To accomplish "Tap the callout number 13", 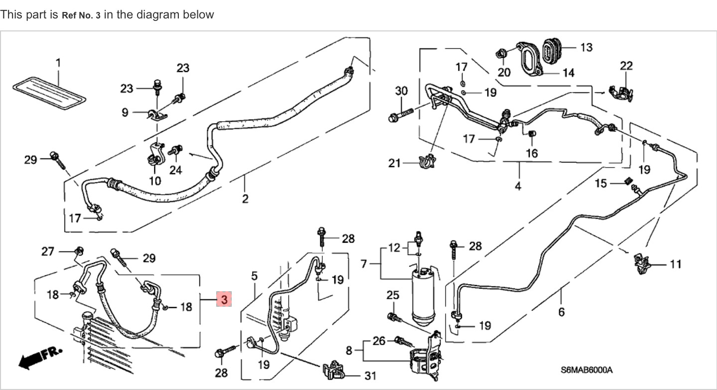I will pyautogui.click(x=586, y=47).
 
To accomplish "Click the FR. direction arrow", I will pyautogui.click(x=40, y=357).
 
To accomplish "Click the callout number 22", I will pyautogui.click(x=626, y=65).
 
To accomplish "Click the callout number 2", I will pyautogui.click(x=245, y=198).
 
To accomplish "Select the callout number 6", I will pyautogui.click(x=562, y=312).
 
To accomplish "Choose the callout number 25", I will pyautogui.click(x=393, y=295).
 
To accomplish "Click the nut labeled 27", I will pyautogui.click(x=78, y=250).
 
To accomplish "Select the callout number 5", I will pyautogui.click(x=254, y=276).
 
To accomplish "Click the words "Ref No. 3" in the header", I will pyautogui.click(x=81, y=15).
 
